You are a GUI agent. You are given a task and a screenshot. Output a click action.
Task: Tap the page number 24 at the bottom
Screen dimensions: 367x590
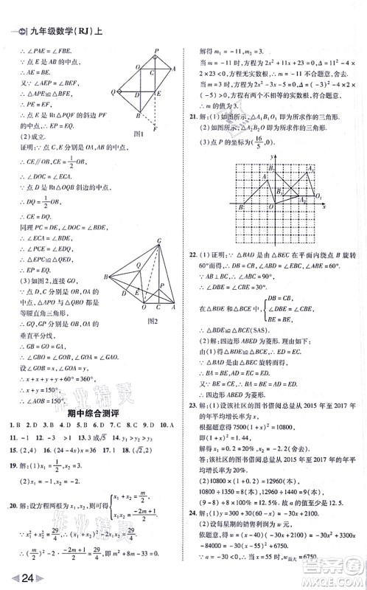pyautogui.click(x=20, y=576)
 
